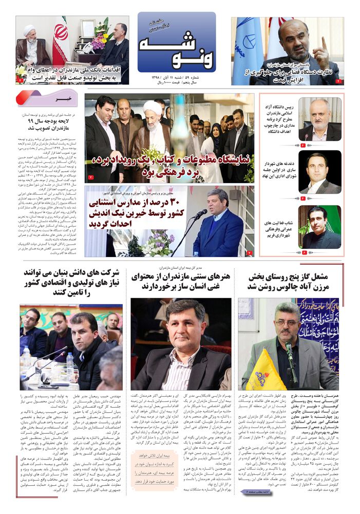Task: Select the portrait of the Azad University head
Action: point(320,120)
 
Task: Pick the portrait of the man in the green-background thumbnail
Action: point(320,227)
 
